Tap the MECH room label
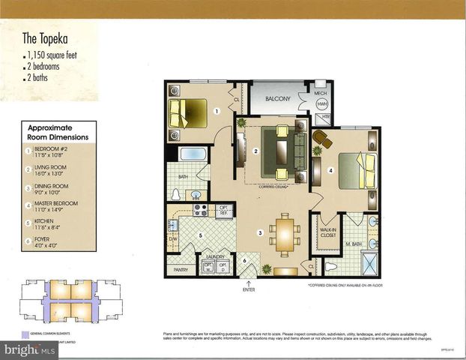[x=321, y=94]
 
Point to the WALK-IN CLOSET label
[x=327, y=232]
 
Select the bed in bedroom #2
[x=187, y=113]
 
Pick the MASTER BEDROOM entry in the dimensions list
[x=56, y=206]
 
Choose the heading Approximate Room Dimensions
[x=57, y=133]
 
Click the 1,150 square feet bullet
[x=51, y=57]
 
